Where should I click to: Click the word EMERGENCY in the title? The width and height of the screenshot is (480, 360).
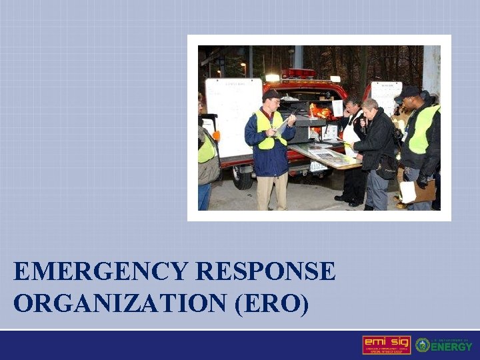coord(101,272)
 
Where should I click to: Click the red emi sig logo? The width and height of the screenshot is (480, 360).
coord(386,345)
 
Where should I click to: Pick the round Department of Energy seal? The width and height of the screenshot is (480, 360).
coord(422,345)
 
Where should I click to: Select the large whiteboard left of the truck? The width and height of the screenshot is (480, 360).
coord(233,117)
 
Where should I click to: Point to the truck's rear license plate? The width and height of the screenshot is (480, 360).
coord(319,167)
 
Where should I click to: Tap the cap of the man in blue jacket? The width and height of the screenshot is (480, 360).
coord(271,95)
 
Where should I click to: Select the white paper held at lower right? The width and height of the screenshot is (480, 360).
coord(407,192)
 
